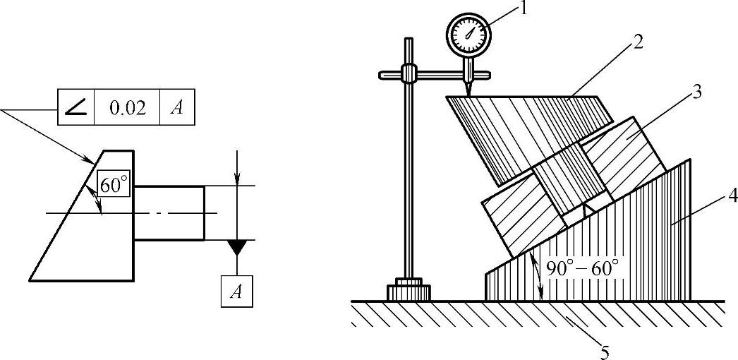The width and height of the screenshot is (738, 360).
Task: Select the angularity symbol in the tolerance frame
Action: [75, 108]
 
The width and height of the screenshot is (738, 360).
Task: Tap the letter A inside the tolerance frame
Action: [176, 108]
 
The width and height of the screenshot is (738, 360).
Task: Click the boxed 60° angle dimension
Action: [115, 186]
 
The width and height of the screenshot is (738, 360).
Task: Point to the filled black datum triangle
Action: [237, 247]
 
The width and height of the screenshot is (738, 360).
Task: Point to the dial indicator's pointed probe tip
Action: [466, 92]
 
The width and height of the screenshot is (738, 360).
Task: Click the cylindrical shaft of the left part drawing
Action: [169, 212]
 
